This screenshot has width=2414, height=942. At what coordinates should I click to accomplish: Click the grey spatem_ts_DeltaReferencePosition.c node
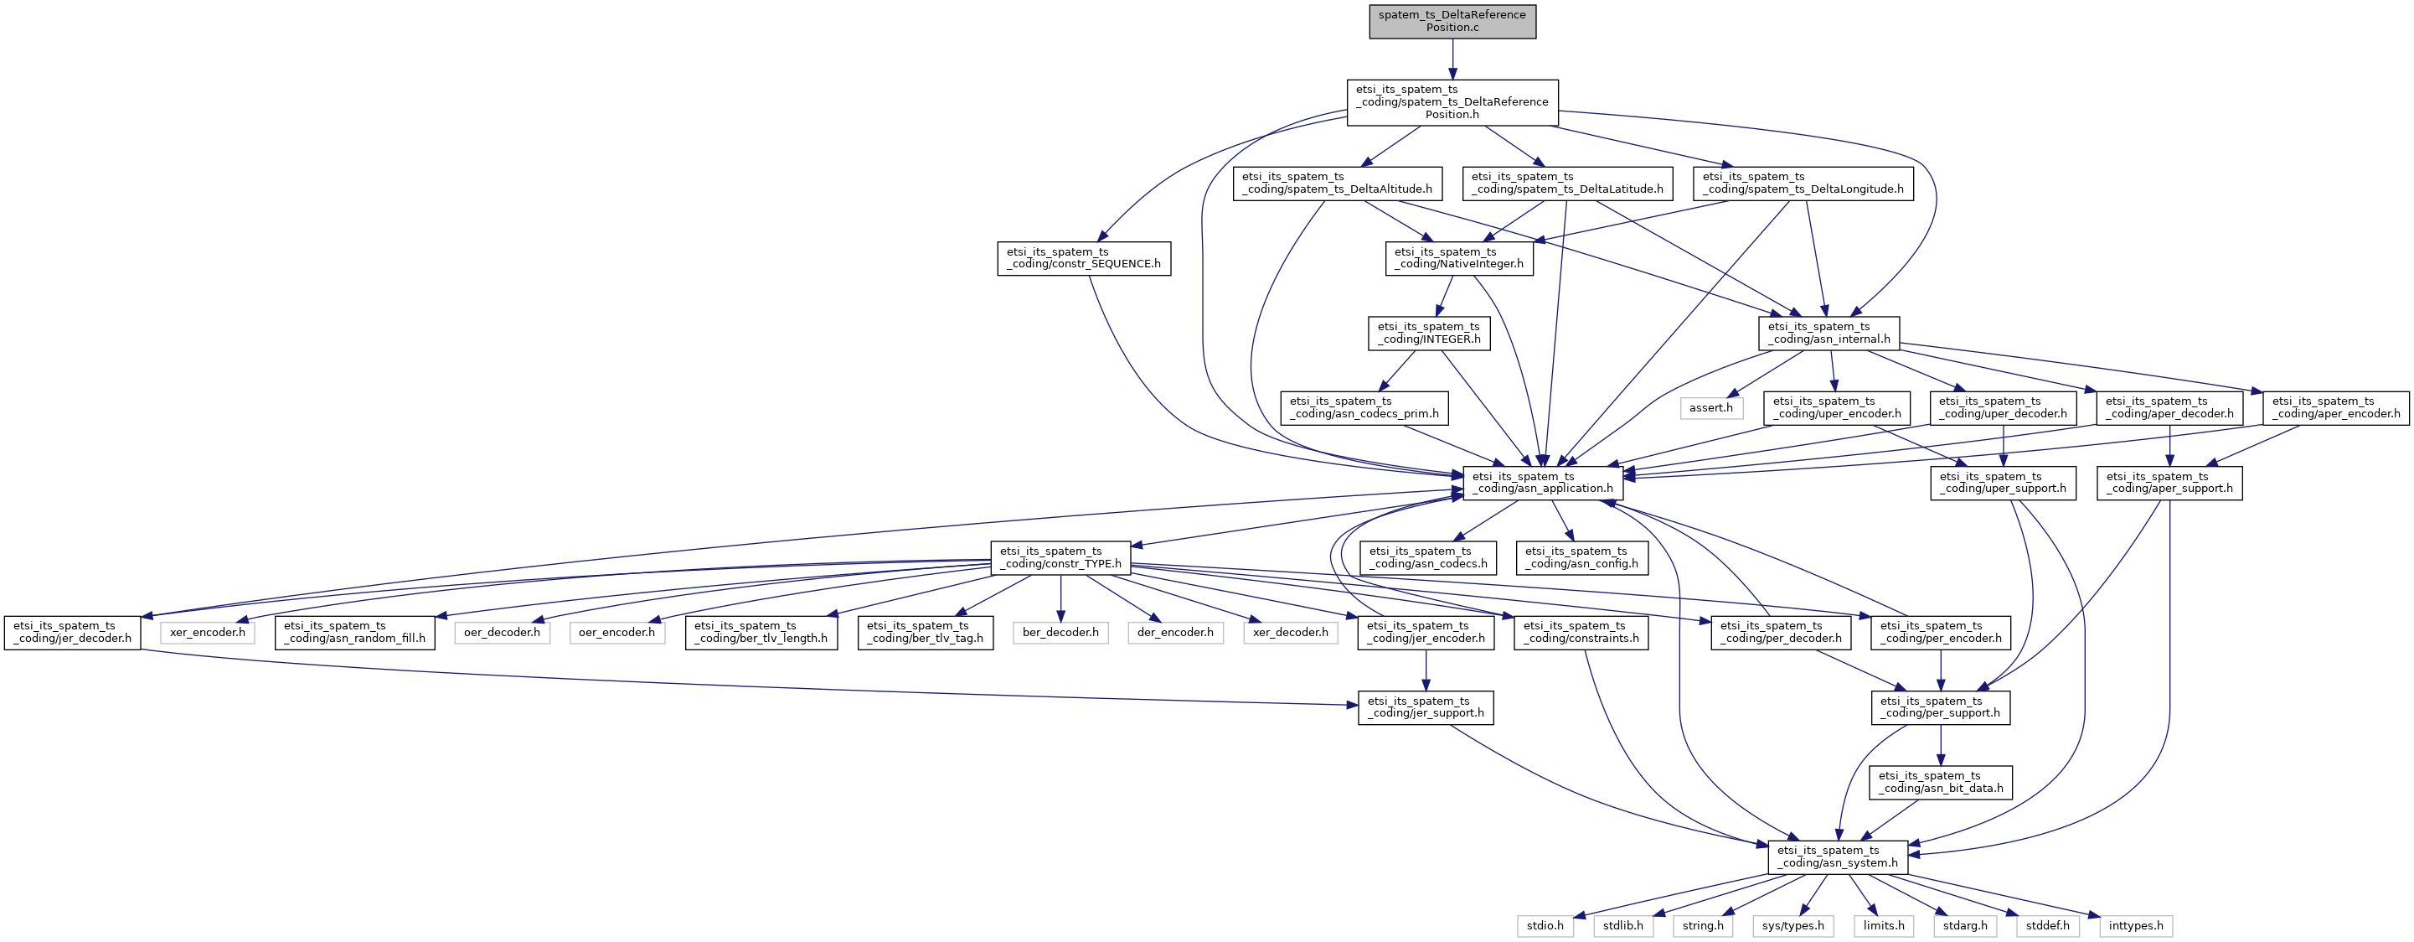click(1452, 22)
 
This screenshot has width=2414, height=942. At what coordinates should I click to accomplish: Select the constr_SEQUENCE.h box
click(1083, 258)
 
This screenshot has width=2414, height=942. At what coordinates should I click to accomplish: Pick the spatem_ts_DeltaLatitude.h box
click(1567, 183)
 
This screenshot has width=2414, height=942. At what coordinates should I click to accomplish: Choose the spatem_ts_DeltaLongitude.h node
click(1803, 183)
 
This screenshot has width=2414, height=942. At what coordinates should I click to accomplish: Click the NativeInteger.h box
click(1459, 258)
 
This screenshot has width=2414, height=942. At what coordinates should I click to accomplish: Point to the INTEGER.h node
click(1429, 333)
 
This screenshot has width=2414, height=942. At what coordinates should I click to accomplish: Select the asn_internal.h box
click(1829, 333)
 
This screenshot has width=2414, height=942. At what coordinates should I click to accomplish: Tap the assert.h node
click(1711, 408)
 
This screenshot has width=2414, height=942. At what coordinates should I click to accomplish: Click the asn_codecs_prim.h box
click(1364, 408)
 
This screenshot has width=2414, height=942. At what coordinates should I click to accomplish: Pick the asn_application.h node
click(1543, 483)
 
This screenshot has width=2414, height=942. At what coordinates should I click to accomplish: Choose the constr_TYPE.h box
click(1060, 557)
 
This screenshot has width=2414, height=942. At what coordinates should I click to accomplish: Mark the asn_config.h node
click(1583, 557)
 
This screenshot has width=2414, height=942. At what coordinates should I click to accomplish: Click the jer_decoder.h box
click(73, 633)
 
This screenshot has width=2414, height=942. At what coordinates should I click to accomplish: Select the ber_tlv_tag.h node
click(926, 633)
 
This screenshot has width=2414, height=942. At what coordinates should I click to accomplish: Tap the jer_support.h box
click(1426, 707)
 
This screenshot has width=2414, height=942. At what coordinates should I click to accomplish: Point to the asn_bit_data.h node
click(1941, 783)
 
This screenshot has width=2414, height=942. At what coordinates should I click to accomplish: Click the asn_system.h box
click(1838, 857)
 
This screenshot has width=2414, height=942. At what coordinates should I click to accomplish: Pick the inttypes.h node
click(2137, 926)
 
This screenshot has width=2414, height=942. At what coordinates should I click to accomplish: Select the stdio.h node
click(1545, 926)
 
